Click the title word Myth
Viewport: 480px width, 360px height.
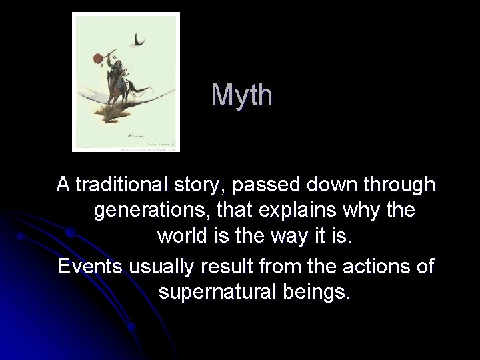[242, 95]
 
